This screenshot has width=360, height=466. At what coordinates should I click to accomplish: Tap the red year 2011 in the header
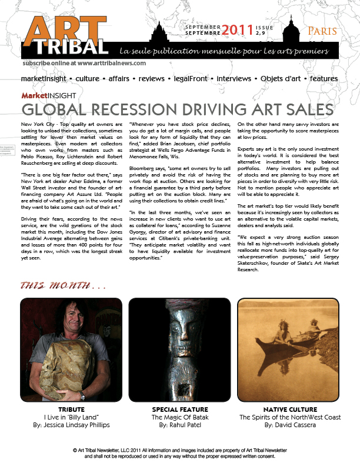[237, 29]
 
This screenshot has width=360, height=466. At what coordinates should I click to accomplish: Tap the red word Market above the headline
[34, 95]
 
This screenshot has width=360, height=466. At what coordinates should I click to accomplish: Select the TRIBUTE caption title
[72, 409]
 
